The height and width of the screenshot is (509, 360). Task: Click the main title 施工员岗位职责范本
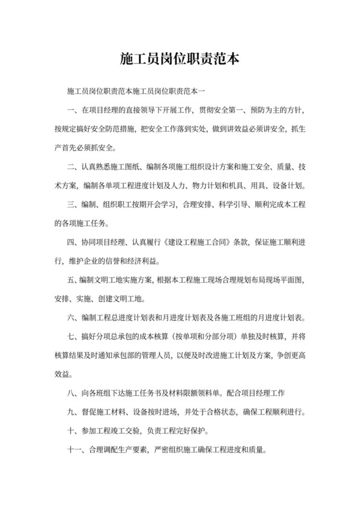pos(180,58)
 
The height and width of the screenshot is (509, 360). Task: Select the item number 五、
pos(71,280)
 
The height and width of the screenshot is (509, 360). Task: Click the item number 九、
pos(71,411)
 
